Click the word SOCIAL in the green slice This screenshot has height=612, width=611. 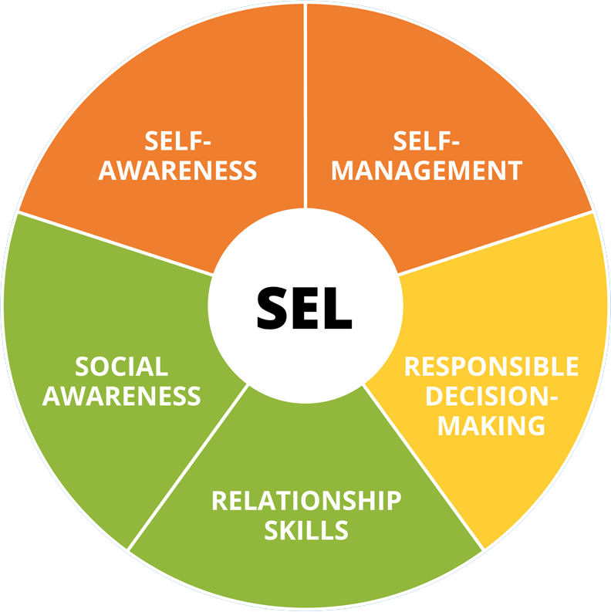[121, 367]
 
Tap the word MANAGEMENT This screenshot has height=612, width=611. [427, 170]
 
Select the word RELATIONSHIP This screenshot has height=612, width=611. [306, 500]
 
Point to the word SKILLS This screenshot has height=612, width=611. [306, 530]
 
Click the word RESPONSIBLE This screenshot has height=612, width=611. [491, 366]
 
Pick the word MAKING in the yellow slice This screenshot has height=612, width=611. [491, 424]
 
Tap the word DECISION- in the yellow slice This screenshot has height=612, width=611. [491, 395]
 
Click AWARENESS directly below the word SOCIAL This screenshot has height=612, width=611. [121, 396]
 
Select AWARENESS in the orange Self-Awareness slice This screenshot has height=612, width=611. [177, 170]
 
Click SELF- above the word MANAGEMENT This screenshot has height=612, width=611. [427, 140]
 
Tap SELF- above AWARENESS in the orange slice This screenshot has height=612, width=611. [177, 140]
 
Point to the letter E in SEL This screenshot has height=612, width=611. [306, 306]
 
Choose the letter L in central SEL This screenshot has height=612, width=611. [338, 306]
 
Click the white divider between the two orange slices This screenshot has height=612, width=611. [305, 108]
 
